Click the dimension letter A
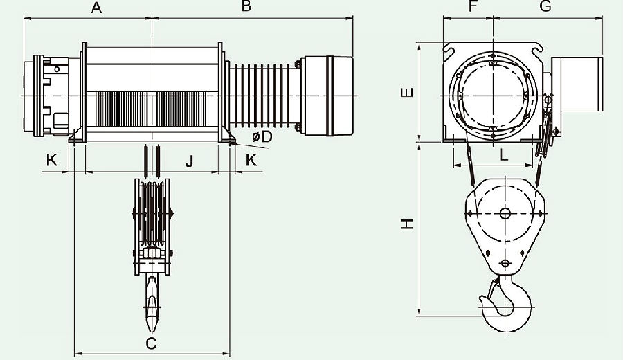point(96,7)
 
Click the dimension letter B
point(246,6)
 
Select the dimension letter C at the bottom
point(151,343)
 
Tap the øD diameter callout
point(262,136)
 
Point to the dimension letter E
point(407,93)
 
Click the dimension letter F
point(472,6)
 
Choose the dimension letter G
point(546,6)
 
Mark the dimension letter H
point(407,224)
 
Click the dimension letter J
point(190,161)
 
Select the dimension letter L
point(504,154)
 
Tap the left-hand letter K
point(52,160)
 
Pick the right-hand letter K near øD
point(251,160)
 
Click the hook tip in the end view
point(482,298)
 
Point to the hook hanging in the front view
point(152,304)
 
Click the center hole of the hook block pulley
point(505,214)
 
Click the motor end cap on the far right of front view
point(328,96)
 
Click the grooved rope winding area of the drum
point(152,109)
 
